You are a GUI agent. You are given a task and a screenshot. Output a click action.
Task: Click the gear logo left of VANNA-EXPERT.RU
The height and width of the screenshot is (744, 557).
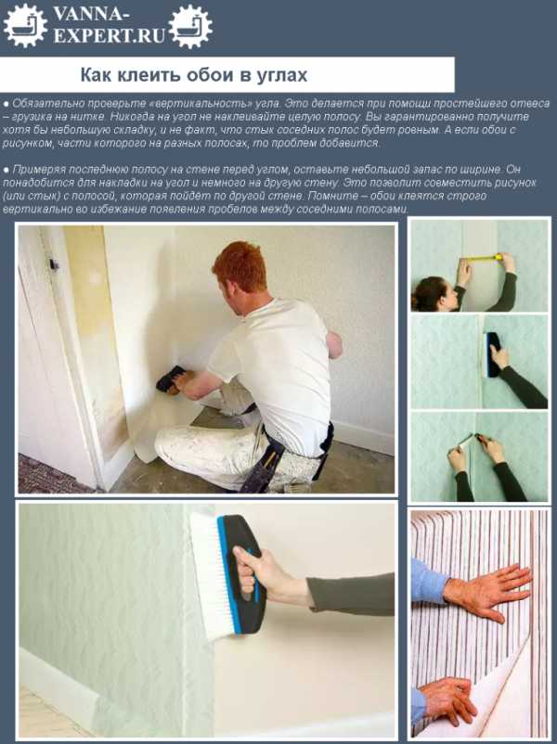coord(25,26)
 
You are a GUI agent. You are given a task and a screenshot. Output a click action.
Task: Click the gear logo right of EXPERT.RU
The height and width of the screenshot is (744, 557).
coord(190,26)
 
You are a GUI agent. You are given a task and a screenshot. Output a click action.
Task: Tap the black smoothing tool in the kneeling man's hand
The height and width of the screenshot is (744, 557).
coord(171,378)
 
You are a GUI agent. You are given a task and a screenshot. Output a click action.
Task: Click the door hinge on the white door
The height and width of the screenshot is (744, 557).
coord(53,263)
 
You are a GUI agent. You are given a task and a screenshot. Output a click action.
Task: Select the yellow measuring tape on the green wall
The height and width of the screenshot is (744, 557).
coord(481,258)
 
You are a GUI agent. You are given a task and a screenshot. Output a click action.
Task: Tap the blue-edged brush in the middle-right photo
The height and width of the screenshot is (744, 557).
coord(491,354)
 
